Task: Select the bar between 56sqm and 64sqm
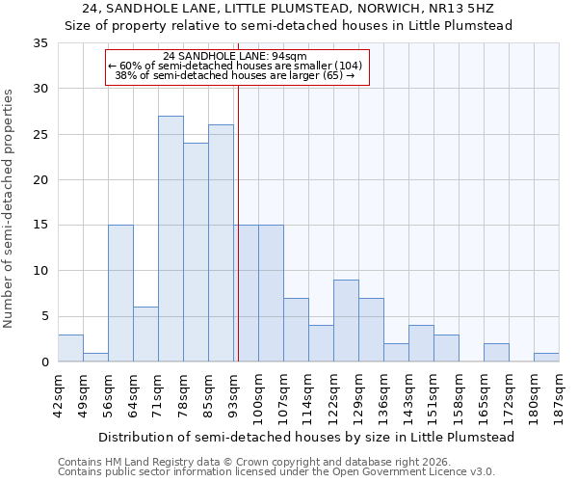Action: point(120,293)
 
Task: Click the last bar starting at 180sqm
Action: point(546,357)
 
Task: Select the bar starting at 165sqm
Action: point(496,353)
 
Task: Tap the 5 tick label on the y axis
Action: point(44,317)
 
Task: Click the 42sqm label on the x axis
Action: point(58,395)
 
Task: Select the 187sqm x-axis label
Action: point(560,395)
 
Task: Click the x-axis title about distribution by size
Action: point(306,437)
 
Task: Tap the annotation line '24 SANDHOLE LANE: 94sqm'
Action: point(235,56)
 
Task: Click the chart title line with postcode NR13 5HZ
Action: point(289,9)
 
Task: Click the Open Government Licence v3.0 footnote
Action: point(276,472)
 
